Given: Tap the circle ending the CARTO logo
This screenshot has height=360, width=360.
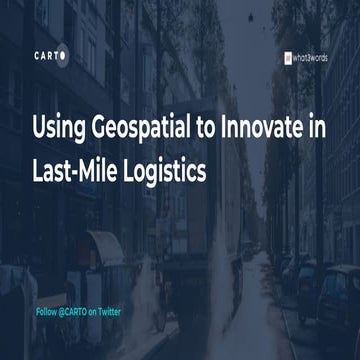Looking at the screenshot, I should tap(65, 55).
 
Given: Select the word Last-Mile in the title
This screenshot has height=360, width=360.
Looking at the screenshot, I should tap(82, 170).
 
